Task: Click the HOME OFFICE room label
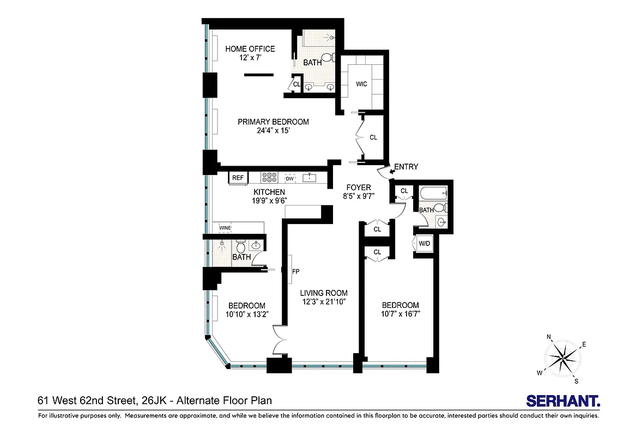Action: click(250, 49)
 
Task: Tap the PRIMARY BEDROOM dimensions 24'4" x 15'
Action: click(273, 131)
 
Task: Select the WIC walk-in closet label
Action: click(361, 84)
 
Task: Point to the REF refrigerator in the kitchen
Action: click(238, 178)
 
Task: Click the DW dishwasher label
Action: click(289, 178)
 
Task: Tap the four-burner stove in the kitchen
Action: click(269, 178)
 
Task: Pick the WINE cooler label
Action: click(226, 228)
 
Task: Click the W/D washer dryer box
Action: click(424, 244)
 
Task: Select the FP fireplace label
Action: click(296, 271)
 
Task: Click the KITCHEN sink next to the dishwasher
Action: click(309, 178)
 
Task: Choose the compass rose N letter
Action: click(549, 337)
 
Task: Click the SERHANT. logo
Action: click(562, 401)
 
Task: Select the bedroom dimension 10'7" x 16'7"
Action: click(400, 314)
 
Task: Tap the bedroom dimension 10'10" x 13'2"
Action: click(246, 315)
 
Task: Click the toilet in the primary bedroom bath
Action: click(327, 57)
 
